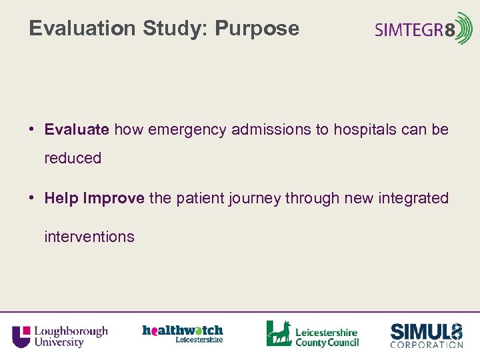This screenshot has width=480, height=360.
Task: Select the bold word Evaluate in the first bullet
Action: (77, 129)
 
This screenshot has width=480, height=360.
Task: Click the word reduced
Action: (73, 159)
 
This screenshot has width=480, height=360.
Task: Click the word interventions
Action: (89, 237)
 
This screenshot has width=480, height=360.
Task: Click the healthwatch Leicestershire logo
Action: (182, 333)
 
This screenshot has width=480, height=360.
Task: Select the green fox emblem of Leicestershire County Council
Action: (279, 333)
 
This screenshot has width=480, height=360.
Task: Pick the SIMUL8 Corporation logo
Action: (427, 335)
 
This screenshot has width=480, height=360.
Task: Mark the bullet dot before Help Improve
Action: (32, 199)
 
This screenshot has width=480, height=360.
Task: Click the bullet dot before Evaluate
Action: (32, 130)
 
